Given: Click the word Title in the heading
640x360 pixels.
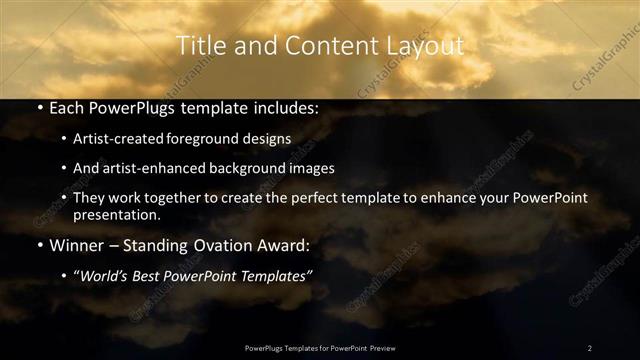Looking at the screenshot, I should coord(200,46).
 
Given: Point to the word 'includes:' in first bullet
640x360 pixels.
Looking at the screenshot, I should coord(286,107).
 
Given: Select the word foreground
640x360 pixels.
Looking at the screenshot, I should coord(201,138).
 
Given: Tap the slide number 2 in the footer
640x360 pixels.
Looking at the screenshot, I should coord(589,348).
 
